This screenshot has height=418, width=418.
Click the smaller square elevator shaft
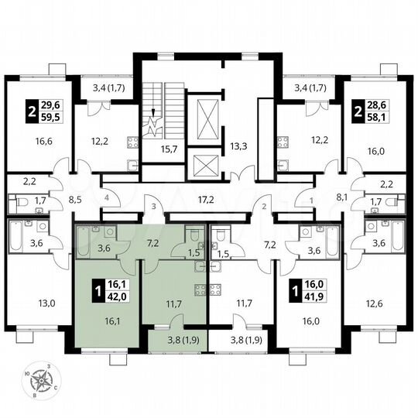click(x=206, y=165)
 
